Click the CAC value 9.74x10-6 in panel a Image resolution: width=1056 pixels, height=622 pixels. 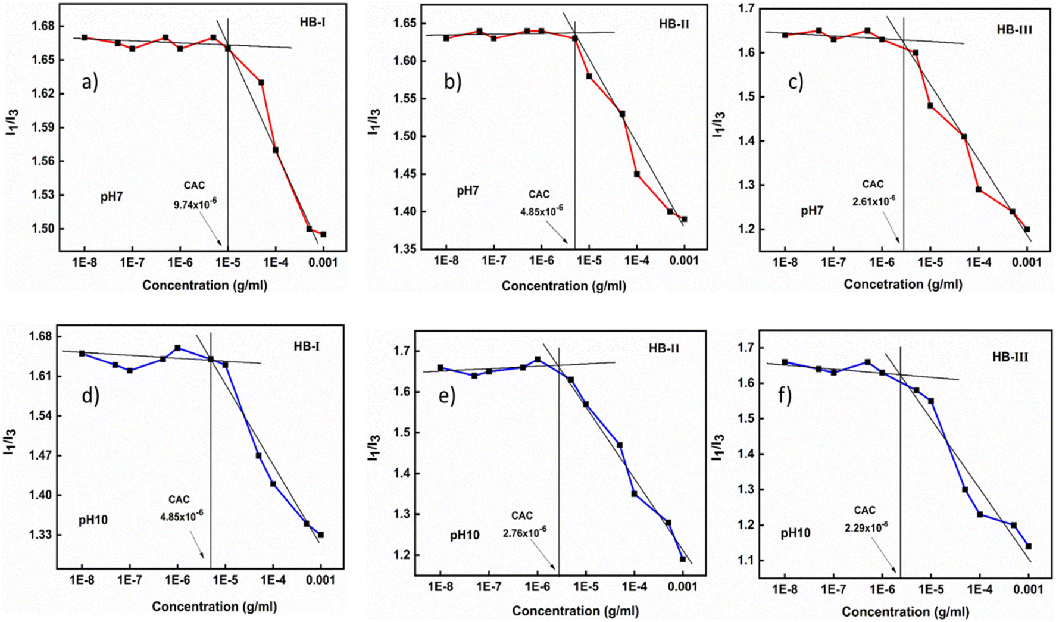point(195,204)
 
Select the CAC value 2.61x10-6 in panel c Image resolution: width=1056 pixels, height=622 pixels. point(873,201)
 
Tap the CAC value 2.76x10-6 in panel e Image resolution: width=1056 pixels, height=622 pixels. point(524,532)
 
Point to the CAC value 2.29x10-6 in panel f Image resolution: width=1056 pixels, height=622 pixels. point(866,527)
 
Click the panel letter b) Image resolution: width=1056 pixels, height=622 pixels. point(452,82)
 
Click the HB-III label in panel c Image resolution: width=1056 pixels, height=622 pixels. point(1014,30)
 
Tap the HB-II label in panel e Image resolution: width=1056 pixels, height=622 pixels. point(664,348)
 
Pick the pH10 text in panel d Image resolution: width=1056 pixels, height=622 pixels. point(93,520)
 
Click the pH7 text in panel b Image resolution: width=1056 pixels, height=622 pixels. point(468,191)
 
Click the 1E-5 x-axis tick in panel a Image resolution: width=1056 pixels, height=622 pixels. point(227,262)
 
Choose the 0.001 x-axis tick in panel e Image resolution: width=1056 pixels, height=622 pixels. point(682,587)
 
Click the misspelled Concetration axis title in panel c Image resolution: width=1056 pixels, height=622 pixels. point(902,285)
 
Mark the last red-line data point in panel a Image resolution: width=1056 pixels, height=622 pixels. point(323,235)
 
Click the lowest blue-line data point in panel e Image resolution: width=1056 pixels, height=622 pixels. point(683,559)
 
